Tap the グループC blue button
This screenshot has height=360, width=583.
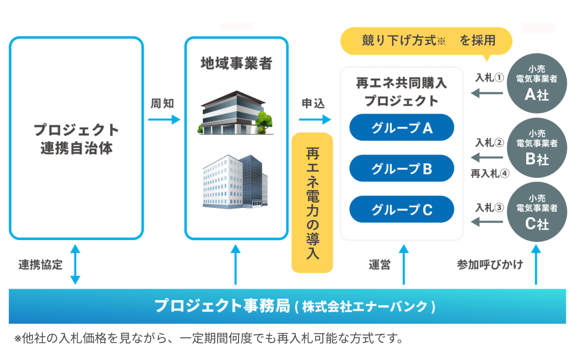coord(402,209)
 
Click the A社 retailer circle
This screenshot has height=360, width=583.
coord(536,83)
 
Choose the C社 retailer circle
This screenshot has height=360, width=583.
coord(536,212)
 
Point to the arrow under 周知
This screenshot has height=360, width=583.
coord(164,119)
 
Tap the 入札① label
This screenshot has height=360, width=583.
coord(489,78)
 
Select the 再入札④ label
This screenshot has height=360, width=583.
coord(490,173)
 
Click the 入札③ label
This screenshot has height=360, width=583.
coord(489,207)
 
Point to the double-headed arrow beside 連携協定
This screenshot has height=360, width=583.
coord(75,264)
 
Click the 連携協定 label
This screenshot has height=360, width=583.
coord(40,265)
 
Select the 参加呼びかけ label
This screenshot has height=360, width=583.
coord(490,265)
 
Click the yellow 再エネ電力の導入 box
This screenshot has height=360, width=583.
coord(312,203)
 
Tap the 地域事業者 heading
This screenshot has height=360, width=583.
coord(236,64)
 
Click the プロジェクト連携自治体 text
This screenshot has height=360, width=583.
coord(76,138)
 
